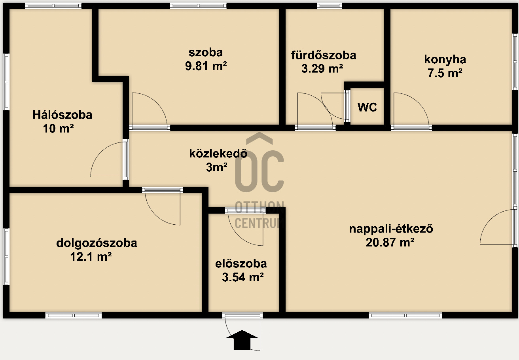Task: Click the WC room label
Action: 367,107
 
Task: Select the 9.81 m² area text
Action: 206,66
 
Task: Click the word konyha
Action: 445,59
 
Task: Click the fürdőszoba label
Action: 324,55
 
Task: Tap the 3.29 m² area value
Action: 322,68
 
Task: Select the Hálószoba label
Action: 63,115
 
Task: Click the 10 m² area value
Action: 58,128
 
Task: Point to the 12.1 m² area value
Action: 91,257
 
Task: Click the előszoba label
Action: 241,264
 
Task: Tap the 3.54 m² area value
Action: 243,277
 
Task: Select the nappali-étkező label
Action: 391,229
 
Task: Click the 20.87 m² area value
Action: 390,243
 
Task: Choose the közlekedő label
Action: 218,153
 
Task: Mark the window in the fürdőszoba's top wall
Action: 329,6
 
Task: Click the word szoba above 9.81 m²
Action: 206,53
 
